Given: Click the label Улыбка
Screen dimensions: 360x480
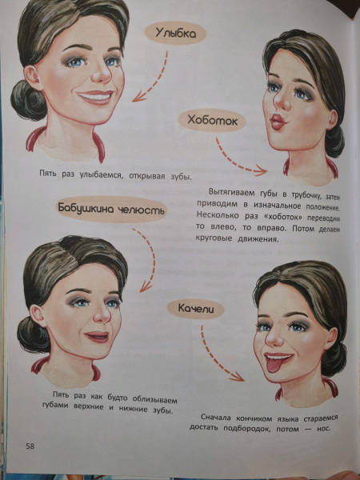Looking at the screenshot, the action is [175, 33].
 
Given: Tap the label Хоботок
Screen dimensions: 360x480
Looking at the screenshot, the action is [212, 121].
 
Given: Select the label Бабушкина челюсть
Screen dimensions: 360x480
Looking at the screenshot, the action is [111, 209].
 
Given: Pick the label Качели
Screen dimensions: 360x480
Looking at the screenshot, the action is [196, 309].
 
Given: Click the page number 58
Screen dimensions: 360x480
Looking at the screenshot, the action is [30, 446].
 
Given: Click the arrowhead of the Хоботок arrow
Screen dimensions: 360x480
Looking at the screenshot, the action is [261, 170].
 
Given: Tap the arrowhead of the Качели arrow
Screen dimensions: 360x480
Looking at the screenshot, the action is [238, 377].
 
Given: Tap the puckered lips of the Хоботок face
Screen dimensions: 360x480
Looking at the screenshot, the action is [278, 122].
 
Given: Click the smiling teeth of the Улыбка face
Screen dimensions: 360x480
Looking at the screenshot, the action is [96, 98].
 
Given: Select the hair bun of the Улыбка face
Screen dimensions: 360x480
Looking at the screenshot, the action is [27, 99].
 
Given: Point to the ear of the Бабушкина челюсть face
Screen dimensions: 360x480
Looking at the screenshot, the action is [38, 316].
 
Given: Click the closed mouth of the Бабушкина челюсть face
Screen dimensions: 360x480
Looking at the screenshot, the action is [97, 336].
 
